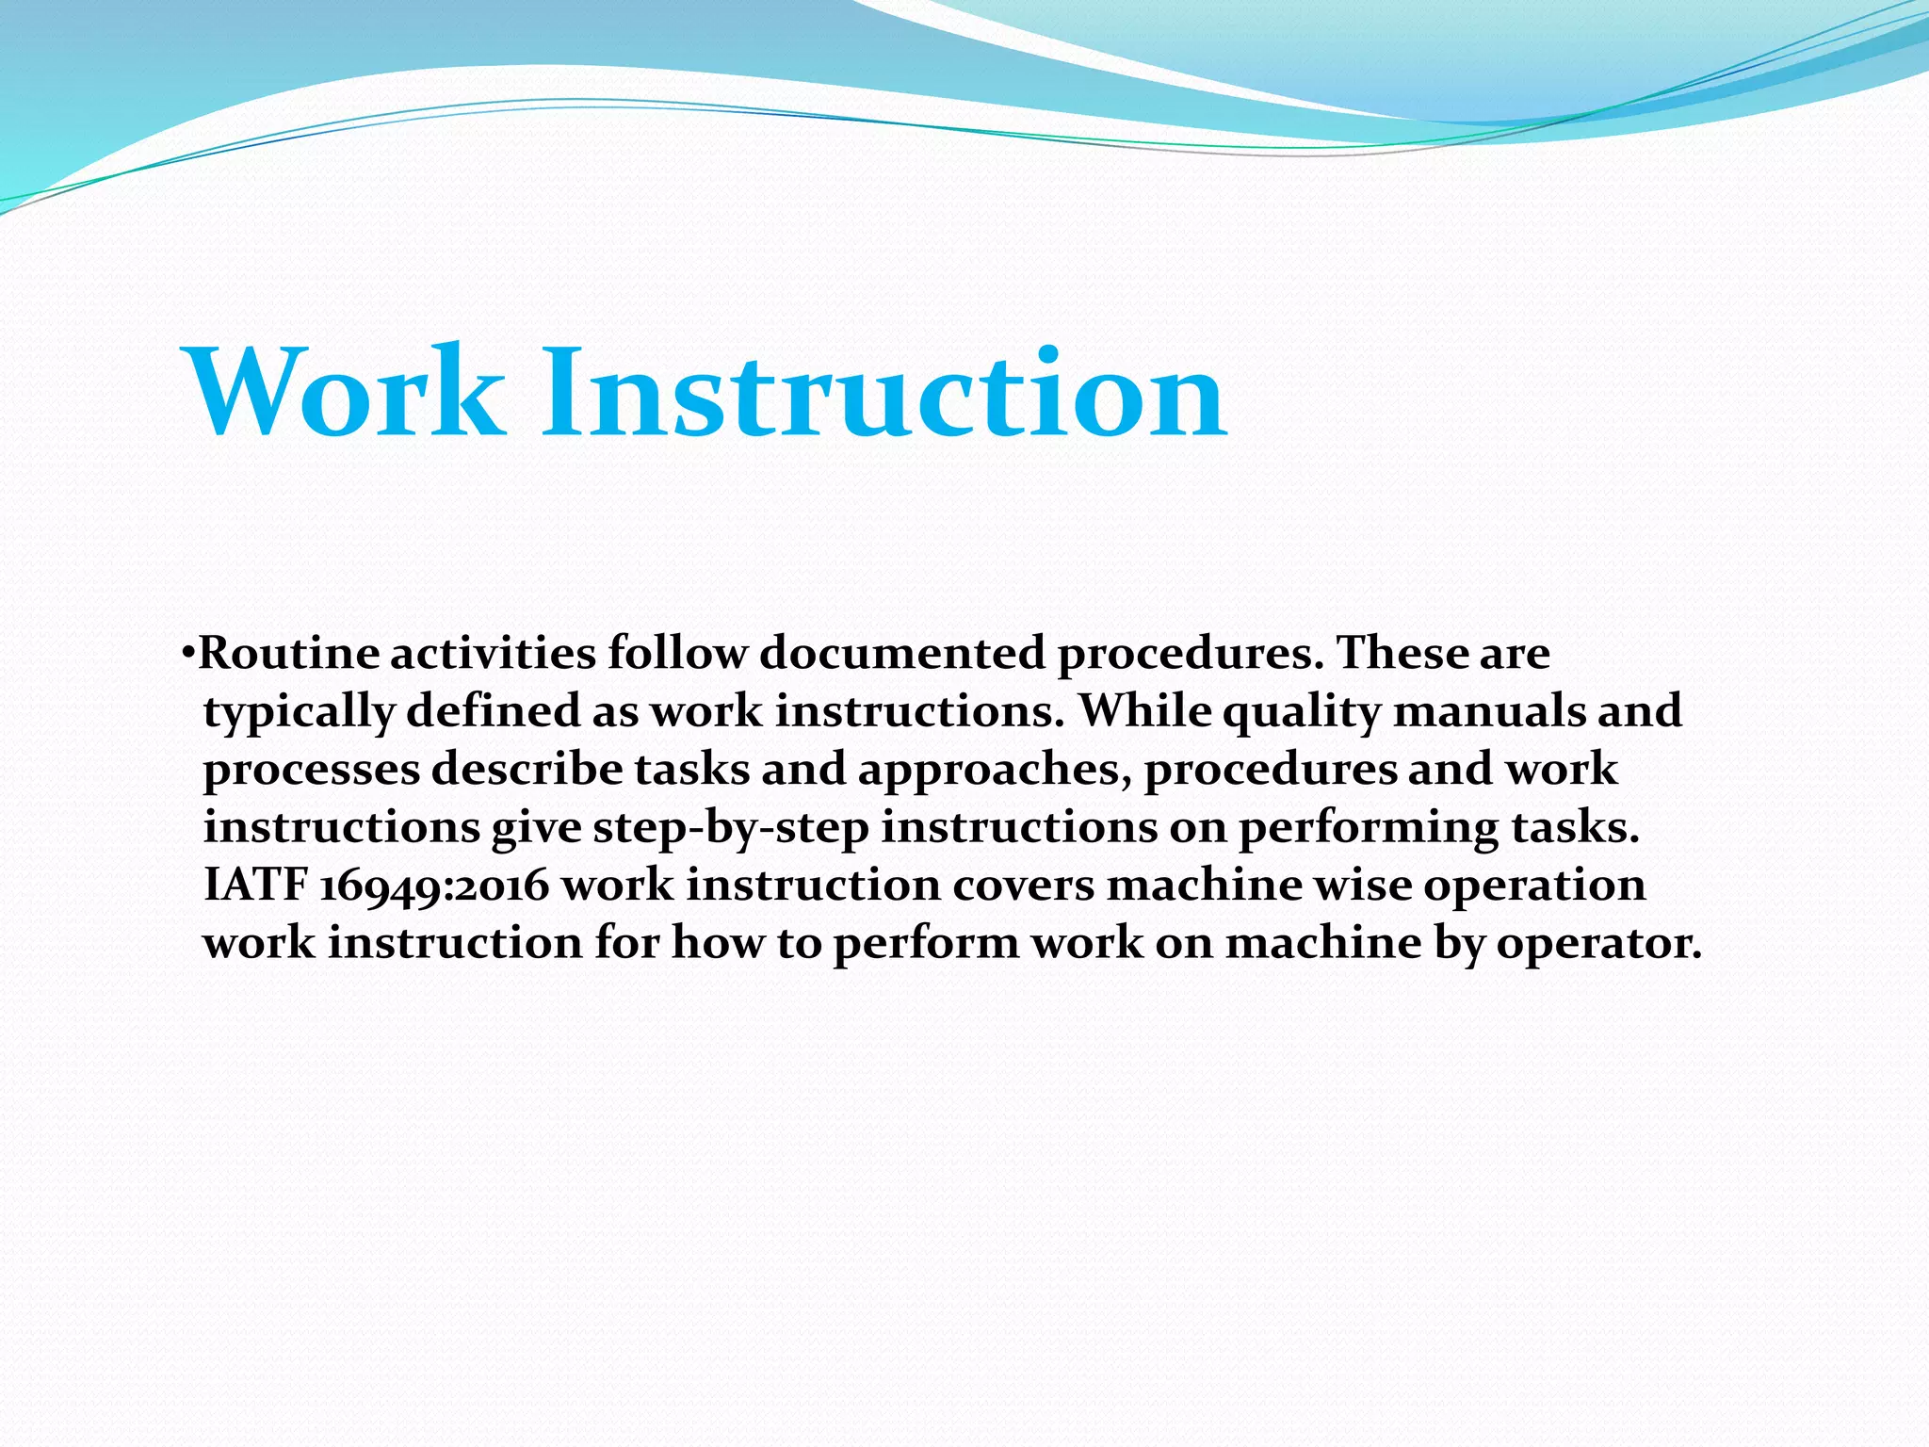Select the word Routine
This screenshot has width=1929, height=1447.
tap(290, 653)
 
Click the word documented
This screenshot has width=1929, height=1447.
tap(902, 653)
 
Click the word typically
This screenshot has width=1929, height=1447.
tap(299, 712)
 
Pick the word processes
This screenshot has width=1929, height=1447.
tap(312, 771)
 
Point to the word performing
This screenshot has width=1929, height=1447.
tap(1368, 829)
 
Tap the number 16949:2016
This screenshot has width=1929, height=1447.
tap(434, 886)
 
